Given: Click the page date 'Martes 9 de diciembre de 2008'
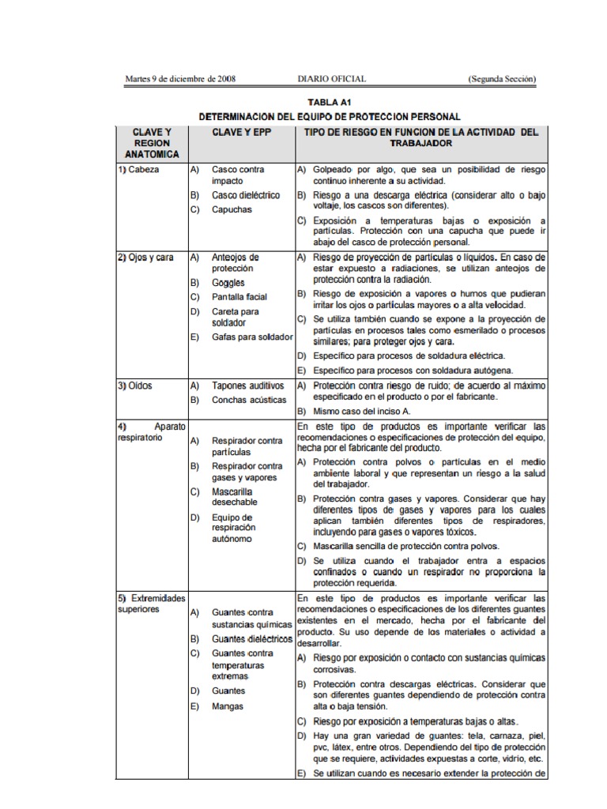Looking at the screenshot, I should pyautogui.click(x=180, y=79).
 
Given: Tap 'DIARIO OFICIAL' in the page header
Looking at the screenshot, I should pyautogui.click(x=331, y=79).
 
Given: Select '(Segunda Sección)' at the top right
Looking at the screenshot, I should pyautogui.click(x=502, y=79).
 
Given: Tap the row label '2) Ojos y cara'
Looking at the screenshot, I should pyautogui.click(x=145, y=258).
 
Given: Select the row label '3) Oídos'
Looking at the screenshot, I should pyautogui.click(x=135, y=386).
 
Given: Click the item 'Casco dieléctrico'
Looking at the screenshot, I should pyautogui.click(x=245, y=195).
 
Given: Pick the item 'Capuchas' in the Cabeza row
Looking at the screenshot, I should pyautogui.click(x=232, y=210).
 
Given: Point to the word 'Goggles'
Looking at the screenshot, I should pyautogui.click(x=228, y=283).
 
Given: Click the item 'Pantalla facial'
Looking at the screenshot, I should pyautogui.click(x=239, y=297).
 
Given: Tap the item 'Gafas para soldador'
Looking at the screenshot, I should pyautogui.click(x=252, y=337).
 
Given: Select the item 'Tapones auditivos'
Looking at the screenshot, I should pyautogui.click(x=247, y=386).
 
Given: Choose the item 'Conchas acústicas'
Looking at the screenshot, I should pyautogui.click(x=247, y=401).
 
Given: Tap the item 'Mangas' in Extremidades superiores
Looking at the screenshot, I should pyautogui.click(x=228, y=706).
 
